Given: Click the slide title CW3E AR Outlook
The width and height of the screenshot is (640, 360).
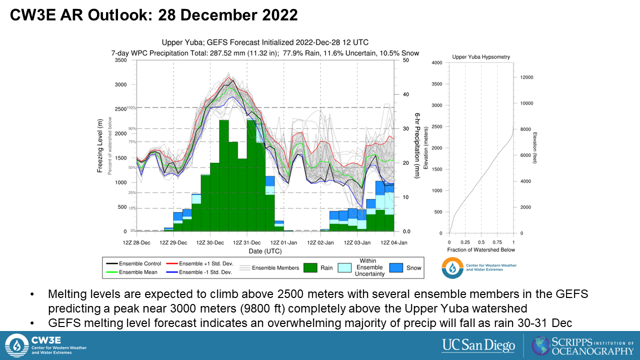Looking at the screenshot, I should click(x=154, y=15).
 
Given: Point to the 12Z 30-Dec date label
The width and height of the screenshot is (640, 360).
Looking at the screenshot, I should click(x=210, y=242).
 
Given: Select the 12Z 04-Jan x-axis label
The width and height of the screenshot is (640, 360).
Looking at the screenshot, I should click(x=394, y=242).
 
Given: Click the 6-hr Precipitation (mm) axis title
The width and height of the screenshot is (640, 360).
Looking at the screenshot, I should click(x=416, y=145).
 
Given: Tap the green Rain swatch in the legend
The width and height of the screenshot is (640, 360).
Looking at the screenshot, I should click(x=310, y=267).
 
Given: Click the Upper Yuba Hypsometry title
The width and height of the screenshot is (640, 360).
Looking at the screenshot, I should click(x=481, y=57).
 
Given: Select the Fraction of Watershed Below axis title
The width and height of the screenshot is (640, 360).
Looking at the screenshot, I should click(x=481, y=249).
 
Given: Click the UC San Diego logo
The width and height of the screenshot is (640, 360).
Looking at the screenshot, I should click(x=478, y=345).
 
